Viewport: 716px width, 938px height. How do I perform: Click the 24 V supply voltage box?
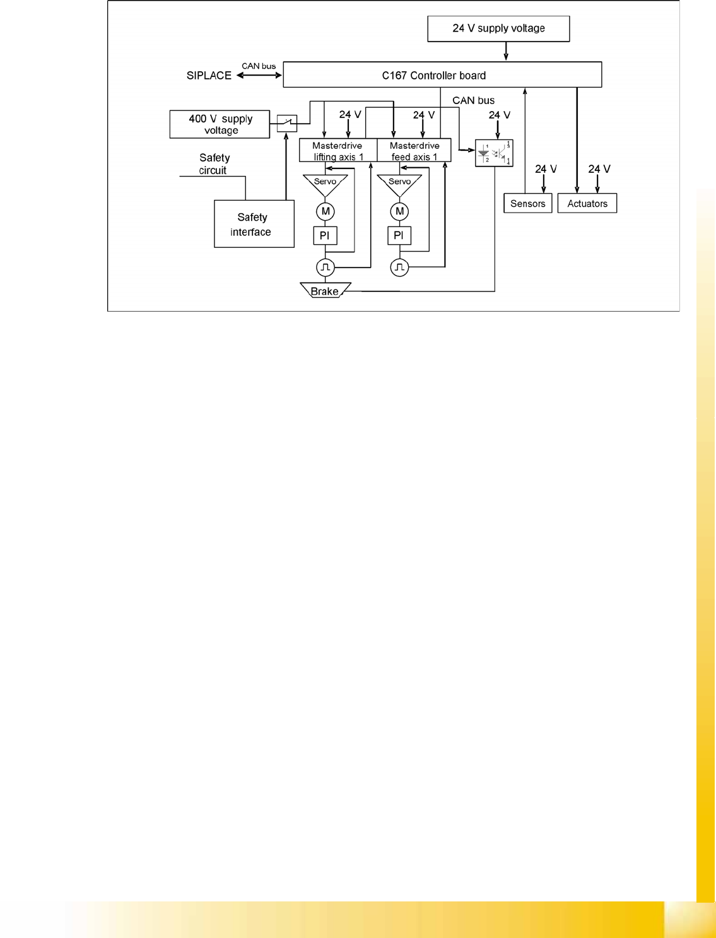click(498, 29)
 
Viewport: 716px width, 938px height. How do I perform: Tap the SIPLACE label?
click(209, 76)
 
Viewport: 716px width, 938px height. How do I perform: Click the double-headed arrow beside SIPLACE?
click(259, 76)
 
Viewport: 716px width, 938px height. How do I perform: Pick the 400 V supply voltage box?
click(220, 124)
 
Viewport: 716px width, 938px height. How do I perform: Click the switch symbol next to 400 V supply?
click(287, 123)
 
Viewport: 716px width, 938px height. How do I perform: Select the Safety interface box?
click(254, 224)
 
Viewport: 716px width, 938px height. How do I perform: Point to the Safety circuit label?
click(214, 164)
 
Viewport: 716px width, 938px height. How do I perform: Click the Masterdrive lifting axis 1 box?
click(338, 151)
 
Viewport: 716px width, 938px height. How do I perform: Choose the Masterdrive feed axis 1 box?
click(414, 151)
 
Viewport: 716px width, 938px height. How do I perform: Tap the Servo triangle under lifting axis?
click(326, 184)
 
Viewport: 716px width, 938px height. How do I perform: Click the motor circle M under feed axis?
click(399, 211)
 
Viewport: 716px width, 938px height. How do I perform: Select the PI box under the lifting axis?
click(325, 235)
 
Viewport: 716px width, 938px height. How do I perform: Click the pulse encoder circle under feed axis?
click(399, 267)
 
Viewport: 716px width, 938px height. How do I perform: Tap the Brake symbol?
click(325, 291)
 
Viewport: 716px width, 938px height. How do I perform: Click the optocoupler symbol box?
click(494, 153)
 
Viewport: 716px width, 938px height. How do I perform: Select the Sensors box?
click(528, 203)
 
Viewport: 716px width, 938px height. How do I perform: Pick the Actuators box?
click(587, 203)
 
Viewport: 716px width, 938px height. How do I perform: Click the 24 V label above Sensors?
click(546, 169)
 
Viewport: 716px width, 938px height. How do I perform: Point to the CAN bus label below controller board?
click(473, 100)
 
